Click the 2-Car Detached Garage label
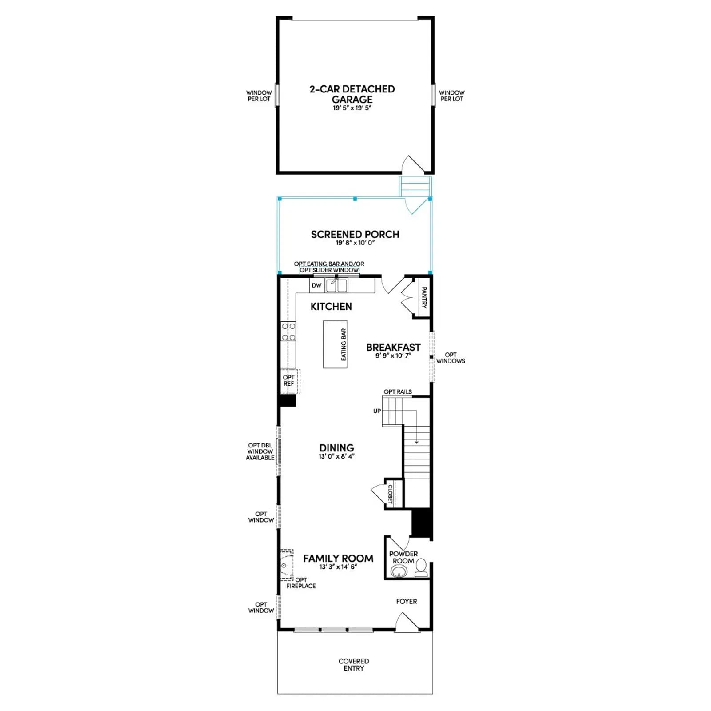(x=352, y=94)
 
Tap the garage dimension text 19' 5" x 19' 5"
(x=352, y=108)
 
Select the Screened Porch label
(x=355, y=234)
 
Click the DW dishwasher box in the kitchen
(x=316, y=285)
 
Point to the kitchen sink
(x=336, y=286)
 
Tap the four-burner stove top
(x=288, y=332)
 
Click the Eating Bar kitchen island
(x=335, y=344)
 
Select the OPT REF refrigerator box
(x=290, y=381)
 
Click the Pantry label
(x=423, y=297)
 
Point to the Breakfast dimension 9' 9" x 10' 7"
(x=393, y=356)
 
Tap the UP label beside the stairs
(x=377, y=411)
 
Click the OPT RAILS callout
(x=398, y=392)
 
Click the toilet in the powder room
(x=421, y=568)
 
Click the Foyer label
(x=407, y=601)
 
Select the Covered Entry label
(x=354, y=664)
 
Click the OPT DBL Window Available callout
(x=260, y=451)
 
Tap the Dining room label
(x=336, y=448)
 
